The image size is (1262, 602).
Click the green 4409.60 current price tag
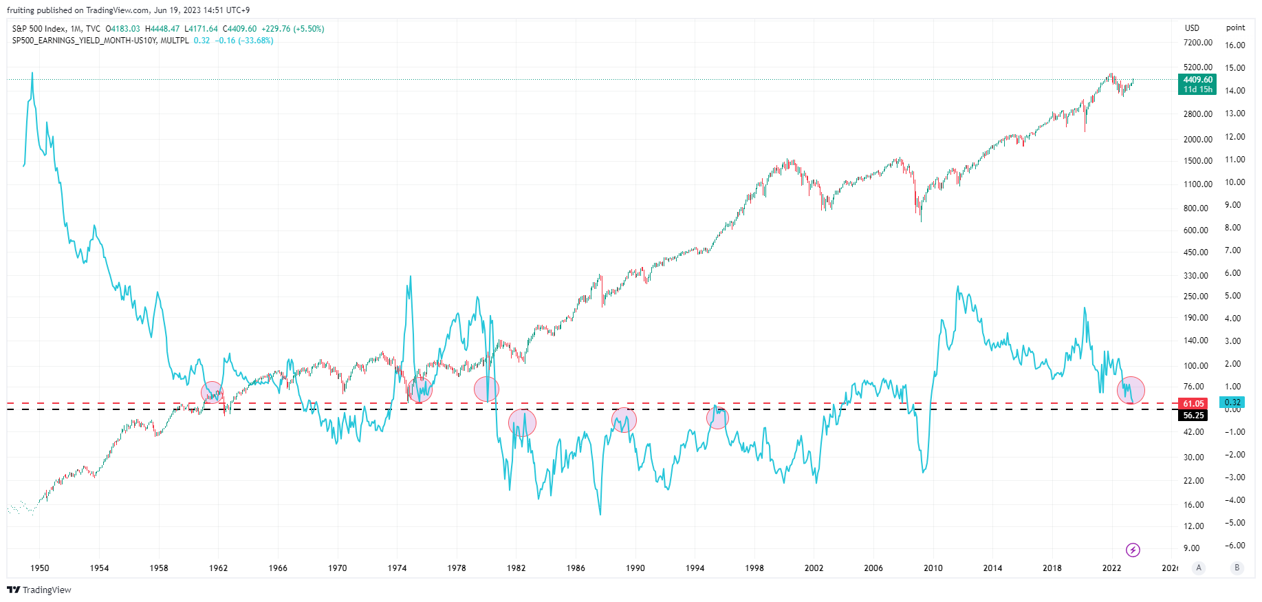1197,84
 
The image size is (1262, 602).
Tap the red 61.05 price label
1193,404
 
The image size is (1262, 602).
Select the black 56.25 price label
1193,416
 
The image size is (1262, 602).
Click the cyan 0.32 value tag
1232,402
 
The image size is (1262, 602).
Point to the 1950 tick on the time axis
40,568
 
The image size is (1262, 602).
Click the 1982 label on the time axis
516,568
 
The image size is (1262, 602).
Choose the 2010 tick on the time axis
933,568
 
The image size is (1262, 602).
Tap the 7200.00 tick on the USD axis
1197,43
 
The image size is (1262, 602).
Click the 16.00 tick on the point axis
1235,45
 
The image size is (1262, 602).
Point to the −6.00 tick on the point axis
1234,546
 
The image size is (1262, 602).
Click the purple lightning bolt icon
1133,550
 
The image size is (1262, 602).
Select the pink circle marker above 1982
522,422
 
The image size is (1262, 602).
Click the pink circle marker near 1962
213,392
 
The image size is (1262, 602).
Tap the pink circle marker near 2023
1131,390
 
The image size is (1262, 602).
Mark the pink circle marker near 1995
717,418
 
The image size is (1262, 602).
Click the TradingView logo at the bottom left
39,590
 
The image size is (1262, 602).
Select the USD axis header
1192,28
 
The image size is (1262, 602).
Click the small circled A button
1199,568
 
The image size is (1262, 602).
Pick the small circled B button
1237,568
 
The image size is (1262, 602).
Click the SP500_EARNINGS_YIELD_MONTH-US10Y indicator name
85,41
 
